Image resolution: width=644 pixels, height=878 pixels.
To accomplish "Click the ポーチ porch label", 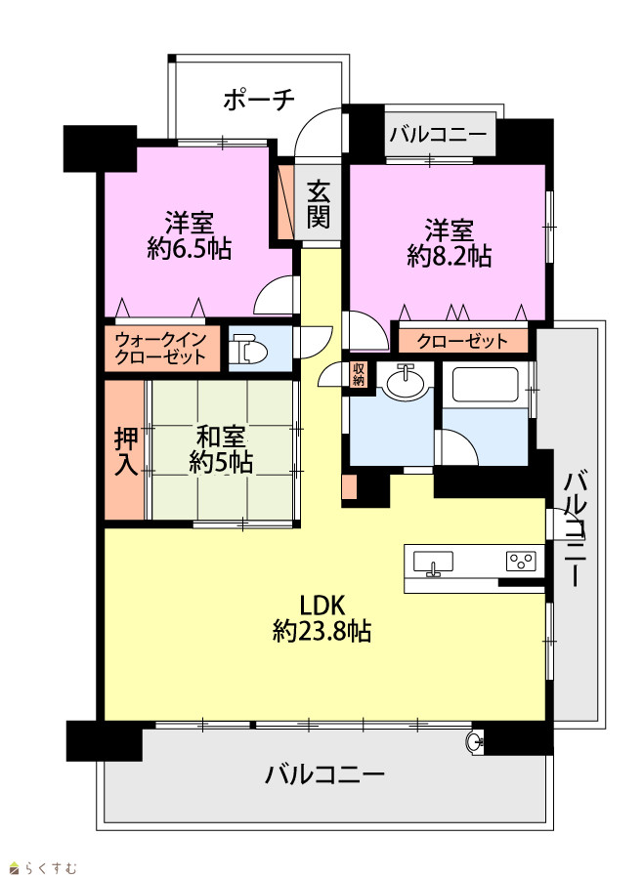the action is pos(259,100).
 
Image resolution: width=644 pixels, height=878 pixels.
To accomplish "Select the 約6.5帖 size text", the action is pos(190,248).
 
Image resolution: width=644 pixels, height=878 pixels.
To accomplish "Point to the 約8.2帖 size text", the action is pos(449,256).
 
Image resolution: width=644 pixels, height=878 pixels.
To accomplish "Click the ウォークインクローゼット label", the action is pos(161,349).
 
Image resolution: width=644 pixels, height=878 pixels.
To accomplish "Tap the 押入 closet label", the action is pos(126,451).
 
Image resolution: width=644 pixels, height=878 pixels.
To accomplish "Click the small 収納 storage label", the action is pos(359,374).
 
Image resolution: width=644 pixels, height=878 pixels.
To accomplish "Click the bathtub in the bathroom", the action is pos(486,385).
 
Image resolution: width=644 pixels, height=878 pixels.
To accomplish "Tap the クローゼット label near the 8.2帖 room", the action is pos(462,341).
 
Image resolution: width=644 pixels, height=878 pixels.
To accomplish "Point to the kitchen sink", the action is pos(433,563).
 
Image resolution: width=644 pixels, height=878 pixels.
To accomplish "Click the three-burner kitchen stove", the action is pos(521,561).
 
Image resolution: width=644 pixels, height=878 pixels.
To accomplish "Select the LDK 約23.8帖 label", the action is pos(322,618).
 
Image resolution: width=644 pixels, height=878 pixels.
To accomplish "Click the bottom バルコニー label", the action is pos(325,775).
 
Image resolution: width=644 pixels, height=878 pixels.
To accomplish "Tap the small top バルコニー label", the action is pos(439,135).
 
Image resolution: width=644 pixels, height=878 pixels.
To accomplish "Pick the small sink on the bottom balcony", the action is pos(474,741).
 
